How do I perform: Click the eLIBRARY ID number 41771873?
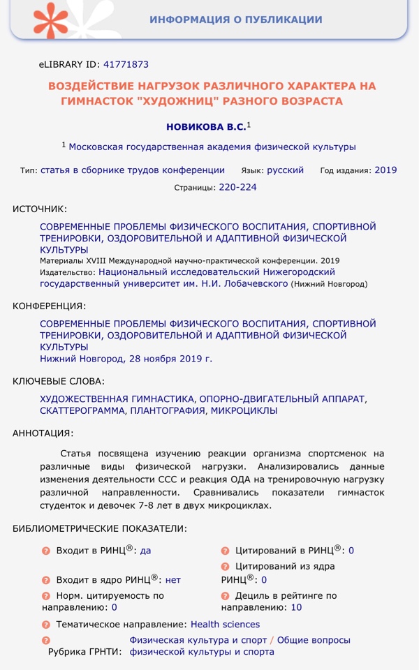coord(126,64)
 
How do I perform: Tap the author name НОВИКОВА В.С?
coord(205,127)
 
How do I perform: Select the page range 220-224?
coord(238,187)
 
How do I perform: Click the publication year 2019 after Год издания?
coord(385,170)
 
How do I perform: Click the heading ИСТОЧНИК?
coord(40,209)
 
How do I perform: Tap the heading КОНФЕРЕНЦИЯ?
coord(49,306)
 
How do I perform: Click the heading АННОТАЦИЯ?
coord(43,433)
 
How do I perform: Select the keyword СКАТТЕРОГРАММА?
coord(83,410)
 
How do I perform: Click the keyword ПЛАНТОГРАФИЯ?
coord(169,410)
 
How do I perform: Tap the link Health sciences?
coord(225,624)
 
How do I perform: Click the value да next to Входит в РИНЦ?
coord(145,550)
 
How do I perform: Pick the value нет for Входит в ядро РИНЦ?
coord(172,579)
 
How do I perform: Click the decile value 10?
coord(296,607)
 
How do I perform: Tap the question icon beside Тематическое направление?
coord(46,625)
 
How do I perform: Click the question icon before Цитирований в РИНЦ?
coord(225,551)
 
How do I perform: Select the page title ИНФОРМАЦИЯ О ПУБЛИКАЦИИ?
coord(235,20)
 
